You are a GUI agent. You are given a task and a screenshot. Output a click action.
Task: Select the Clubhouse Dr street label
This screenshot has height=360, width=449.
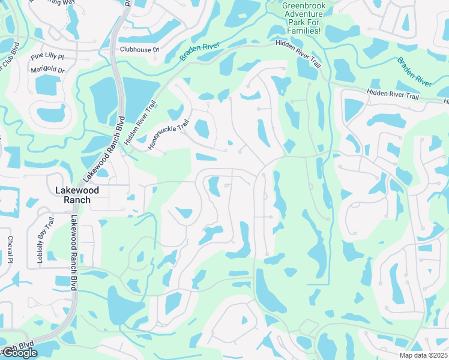[139, 50]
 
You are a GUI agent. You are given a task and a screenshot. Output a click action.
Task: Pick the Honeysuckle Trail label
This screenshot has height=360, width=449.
[168, 133]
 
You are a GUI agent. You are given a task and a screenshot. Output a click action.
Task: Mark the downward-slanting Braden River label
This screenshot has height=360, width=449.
[415, 72]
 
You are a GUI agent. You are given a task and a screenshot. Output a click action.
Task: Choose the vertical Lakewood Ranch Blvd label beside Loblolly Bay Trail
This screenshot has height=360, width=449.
[74, 253]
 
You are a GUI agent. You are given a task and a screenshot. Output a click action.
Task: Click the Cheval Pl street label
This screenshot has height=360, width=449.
[10, 250]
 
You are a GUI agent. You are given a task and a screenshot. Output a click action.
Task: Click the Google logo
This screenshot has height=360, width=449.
[19, 353]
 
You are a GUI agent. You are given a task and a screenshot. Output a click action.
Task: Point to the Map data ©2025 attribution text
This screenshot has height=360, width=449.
[423, 355]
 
